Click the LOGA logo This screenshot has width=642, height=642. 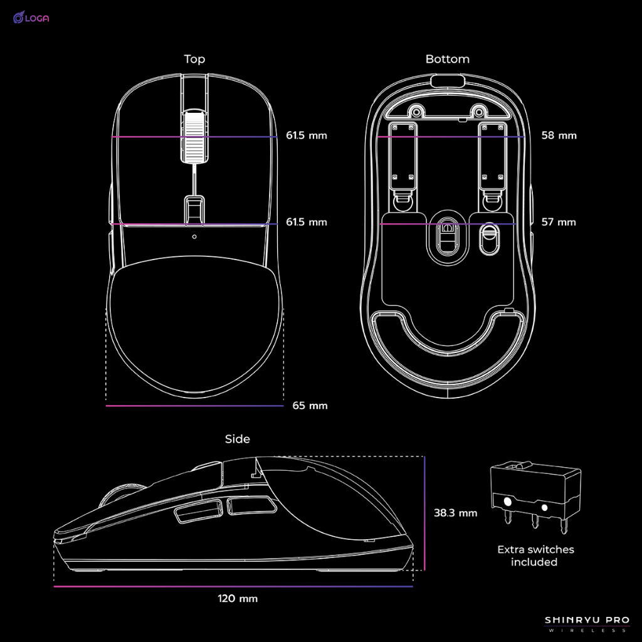31,18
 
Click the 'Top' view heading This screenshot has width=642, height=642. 194,59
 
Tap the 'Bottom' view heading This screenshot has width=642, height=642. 447,59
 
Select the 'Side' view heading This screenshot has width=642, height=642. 237,439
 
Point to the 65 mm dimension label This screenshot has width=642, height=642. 310,406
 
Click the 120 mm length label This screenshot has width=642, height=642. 238,598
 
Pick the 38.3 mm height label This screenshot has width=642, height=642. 455,513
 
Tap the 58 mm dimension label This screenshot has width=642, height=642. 559,135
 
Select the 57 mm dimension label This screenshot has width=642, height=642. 559,222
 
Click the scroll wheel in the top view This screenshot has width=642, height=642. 194,135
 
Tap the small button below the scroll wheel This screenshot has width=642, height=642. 194,209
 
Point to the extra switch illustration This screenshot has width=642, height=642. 534,495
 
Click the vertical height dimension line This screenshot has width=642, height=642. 424,513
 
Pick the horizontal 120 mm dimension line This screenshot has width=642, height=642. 233,587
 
